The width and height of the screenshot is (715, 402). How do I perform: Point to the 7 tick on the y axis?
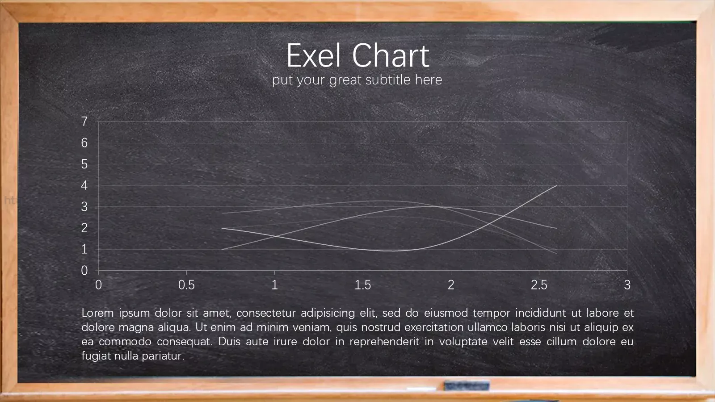coord(84,121)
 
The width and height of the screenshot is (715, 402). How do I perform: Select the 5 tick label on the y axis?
coord(84,164)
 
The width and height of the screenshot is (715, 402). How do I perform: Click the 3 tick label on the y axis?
coord(84,207)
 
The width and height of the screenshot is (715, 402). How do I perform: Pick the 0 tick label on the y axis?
coord(84,271)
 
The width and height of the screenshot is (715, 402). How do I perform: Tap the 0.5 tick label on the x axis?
coord(186,285)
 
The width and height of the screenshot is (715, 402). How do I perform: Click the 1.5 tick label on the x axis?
coord(362,285)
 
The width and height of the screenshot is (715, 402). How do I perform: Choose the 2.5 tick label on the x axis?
coord(539,285)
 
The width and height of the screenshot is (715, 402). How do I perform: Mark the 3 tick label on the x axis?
coord(627,285)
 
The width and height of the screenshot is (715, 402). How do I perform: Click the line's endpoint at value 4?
coord(557,185)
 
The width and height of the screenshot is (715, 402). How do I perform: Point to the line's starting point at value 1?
coord(222,250)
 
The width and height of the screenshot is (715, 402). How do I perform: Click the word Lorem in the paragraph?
coord(98,313)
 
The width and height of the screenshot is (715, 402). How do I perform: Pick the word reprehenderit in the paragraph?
coord(384,342)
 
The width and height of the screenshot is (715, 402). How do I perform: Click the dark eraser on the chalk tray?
coord(467,385)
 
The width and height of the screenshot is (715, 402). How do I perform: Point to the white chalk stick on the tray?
coord(421,389)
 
